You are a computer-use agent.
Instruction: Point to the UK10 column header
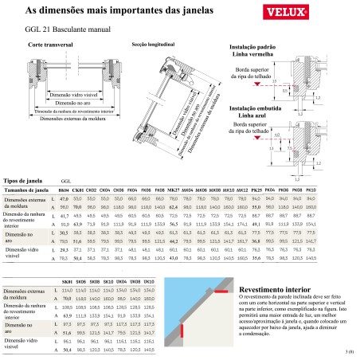pos(148,283)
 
